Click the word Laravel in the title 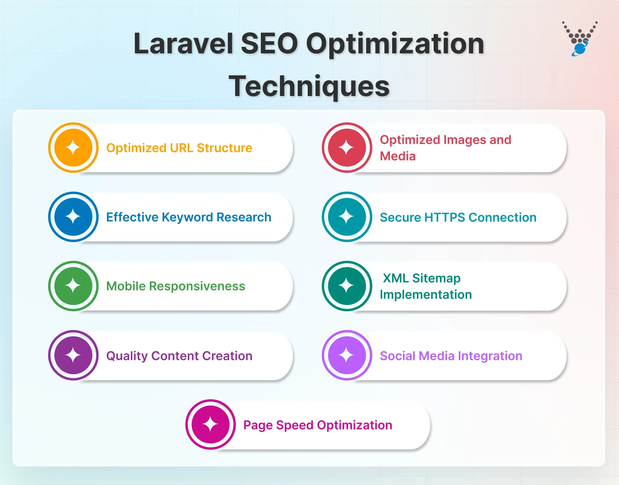coord(183,44)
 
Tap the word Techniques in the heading coord(309,86)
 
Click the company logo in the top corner coord(580,39)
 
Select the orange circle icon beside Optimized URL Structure coord(73,148)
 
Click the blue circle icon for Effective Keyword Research coord(73,217)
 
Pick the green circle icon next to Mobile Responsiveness coord(73,286)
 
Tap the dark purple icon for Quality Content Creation coord(73,355)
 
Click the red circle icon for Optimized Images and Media coord(347,148)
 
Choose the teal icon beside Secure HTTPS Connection coord(347,217)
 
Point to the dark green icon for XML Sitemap coord(347,286)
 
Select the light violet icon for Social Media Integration coord(347,355)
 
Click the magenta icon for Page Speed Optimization coord(210,425)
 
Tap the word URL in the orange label coord(181,148)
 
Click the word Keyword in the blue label coord(187,217)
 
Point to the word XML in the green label coord(396,278)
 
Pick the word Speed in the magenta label coord(295,425)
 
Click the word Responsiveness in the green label coord(197,286)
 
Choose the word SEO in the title coord(269,44)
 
